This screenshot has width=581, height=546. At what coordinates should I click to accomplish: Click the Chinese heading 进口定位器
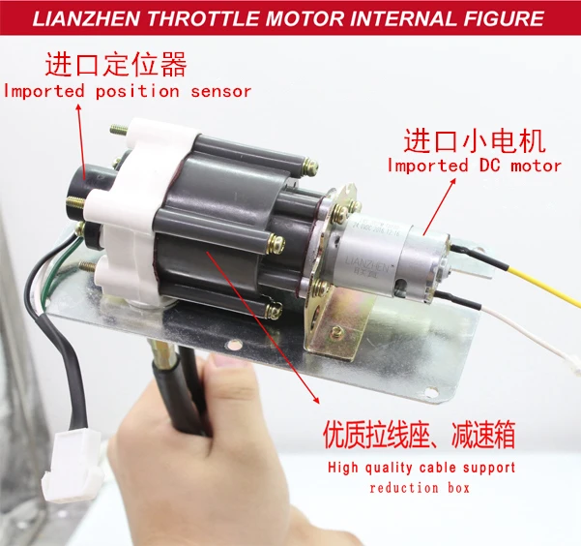coord(116,65)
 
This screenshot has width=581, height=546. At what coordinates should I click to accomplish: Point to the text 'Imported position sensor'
coord(128,91)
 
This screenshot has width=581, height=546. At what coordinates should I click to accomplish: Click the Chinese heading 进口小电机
coord(475,140)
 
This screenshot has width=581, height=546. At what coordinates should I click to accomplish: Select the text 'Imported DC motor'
coord(475,166)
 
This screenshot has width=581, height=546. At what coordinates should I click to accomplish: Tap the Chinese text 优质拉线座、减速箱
coord(420,435)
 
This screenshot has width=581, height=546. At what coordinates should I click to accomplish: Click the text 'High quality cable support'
coord(421,468)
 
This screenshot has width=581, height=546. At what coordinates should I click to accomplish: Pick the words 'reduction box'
coord(420,487)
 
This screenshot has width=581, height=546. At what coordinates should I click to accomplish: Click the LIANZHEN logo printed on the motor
coord(366,264)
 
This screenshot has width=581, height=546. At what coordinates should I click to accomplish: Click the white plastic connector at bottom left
coord(73,460)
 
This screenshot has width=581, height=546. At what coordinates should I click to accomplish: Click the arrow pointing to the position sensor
coord(81,141)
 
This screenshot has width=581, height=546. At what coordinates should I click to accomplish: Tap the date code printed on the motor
coord(376,229)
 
